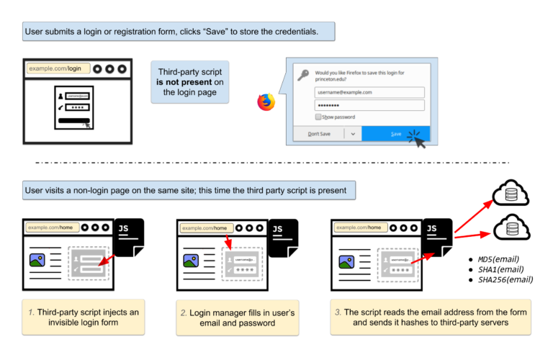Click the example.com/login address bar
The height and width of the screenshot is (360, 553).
click(x=58, y=68)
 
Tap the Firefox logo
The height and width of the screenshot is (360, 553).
click(x=266, y=102)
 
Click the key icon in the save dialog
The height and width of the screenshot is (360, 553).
click(x=303, y=74)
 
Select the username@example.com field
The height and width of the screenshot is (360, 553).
click(x=369, y=92)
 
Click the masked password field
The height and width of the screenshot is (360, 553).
click(x=369, y=105)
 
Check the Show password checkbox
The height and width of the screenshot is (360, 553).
click(x=318, y=117)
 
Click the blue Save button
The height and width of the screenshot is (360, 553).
click(x=395, y=134)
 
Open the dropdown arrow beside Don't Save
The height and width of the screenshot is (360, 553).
click(x=352, y=134)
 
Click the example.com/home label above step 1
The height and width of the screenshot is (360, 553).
click(x=53, y=228)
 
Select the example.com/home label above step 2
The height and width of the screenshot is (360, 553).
click(x=208, y=228)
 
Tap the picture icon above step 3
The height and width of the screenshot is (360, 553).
click(x=346, y=261)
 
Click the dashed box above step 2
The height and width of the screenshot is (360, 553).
click(x=241, y=264)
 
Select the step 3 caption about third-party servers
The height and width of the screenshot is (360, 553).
click(x=431, y=318)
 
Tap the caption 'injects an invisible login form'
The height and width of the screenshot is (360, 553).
click(x=83, y=317)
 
